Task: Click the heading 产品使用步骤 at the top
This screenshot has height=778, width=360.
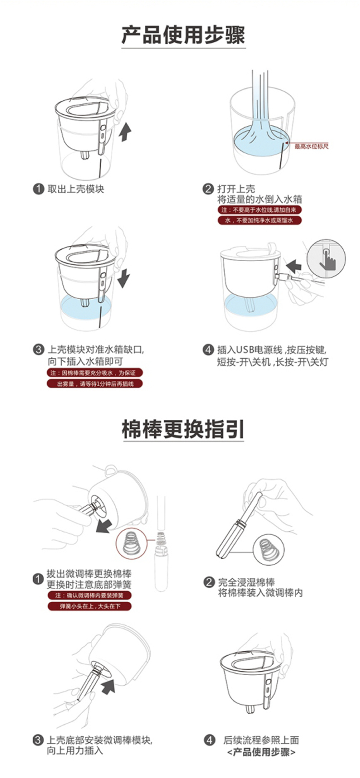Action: coord(183,35)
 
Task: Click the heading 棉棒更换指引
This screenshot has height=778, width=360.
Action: coord(183,429)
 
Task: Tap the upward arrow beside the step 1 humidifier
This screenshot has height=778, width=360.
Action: coord(125,133)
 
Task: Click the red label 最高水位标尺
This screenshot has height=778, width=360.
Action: coord(311,146)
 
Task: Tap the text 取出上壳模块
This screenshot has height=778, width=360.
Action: coord(76,189)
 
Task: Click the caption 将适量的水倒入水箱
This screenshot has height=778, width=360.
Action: coord(260,199)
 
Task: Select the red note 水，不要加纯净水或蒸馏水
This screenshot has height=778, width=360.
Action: coord(259,220)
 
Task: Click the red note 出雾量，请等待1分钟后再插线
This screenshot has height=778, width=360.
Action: coord(95,384)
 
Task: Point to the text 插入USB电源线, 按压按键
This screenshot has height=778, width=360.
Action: coord(272,350)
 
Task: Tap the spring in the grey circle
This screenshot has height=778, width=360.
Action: coord(268,549)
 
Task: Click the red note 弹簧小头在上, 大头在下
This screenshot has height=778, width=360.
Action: coord(90,607)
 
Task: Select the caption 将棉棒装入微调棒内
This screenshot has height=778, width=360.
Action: coord(260,593)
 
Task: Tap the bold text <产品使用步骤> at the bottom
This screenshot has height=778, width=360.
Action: coord(262,752)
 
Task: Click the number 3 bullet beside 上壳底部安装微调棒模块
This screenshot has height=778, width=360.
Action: coord(38,740)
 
